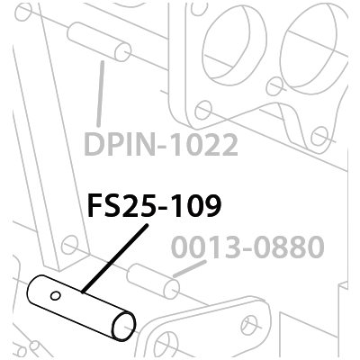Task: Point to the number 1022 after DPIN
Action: pos(204,145)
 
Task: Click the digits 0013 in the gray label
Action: pos(204,247)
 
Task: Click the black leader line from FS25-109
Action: pos(114,258)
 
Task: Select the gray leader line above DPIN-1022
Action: pos(101,94)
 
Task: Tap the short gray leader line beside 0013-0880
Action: pos(190,269)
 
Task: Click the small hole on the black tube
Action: pos(55,296)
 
